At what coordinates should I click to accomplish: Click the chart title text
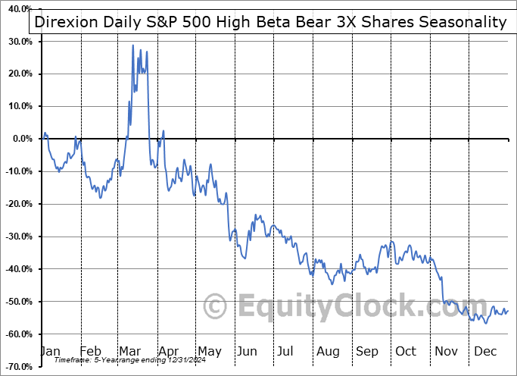click(x=270, y=22)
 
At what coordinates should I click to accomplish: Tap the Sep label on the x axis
click(x=367, y=351)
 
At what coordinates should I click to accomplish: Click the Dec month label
click(x=484, y=351)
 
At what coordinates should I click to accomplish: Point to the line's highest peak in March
click(x=133, y=45)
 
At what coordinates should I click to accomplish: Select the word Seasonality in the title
click(x=462, y=22)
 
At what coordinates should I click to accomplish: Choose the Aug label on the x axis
click(x=328, y=351)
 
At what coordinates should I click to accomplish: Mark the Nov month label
click(x=446, y=351)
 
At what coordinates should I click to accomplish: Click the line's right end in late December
click(x=508, y=309)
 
